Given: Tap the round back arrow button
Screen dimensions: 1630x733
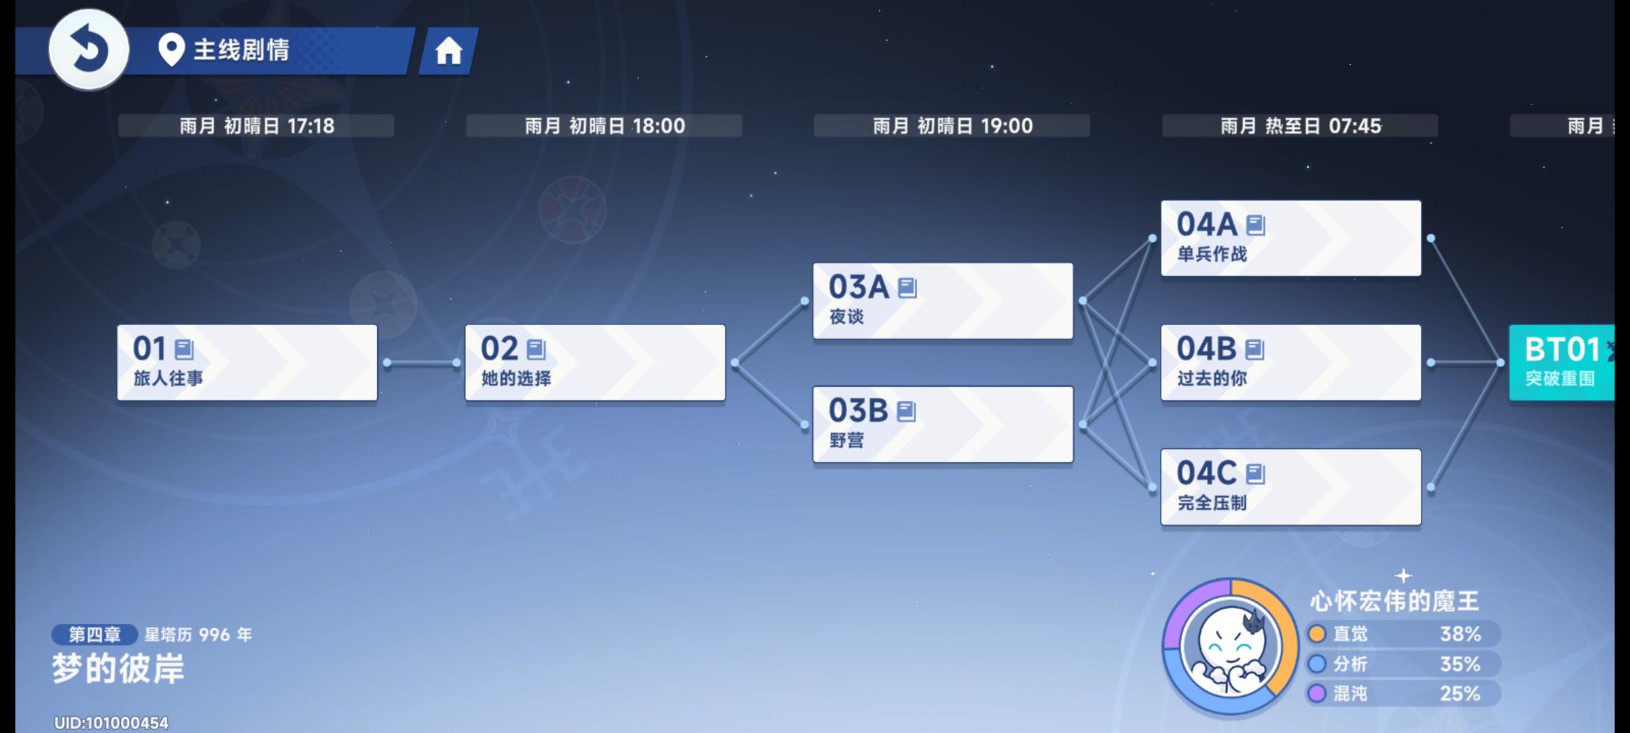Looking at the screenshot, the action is pos(89,50).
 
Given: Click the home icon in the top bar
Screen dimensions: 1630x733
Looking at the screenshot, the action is pos(448,51).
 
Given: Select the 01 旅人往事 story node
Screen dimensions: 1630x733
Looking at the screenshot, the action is pos(247,362).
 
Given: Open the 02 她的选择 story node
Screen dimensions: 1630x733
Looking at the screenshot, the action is pos(595,362).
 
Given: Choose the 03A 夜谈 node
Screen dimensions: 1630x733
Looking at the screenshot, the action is pos(943,301).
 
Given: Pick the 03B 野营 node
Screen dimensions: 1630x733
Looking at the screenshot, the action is pos(943,424).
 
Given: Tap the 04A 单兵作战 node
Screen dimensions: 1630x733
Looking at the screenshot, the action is pos(1290,238).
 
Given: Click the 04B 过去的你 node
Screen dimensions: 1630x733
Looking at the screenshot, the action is pos(1290,362).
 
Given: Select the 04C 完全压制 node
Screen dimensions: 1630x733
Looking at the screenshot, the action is pos(1290,487).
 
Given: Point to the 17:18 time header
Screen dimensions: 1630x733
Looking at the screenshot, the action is pos(311,126).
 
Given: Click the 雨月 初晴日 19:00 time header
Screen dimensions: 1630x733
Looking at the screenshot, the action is pos(952,126).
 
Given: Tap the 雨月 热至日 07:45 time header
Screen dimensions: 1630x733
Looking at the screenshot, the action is pos(1300,126).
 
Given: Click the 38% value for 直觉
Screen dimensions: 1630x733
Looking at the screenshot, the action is pos(1460,634).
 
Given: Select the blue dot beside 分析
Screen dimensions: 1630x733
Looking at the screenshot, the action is pos(1317,664).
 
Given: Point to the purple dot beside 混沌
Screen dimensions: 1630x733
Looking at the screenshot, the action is pos(1317,694).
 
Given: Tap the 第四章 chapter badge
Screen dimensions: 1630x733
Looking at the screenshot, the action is pos(94,635).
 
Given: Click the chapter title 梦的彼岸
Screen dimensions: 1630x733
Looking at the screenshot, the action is pos(118,669).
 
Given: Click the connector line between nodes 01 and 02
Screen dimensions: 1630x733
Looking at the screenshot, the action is pos(422,363).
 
